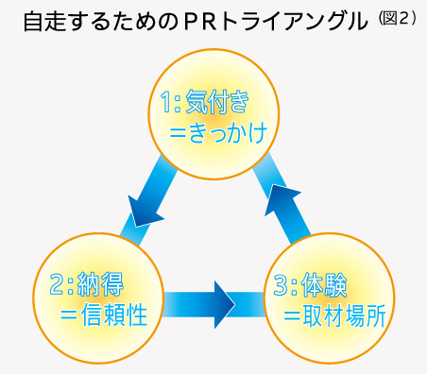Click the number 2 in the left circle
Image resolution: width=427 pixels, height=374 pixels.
click(x=53, y=280)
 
